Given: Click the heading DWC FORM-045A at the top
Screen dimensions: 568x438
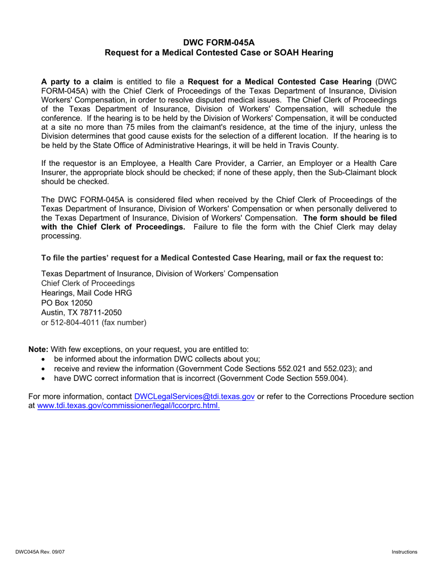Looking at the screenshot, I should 219,42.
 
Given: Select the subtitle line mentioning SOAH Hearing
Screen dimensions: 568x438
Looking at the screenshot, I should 219,53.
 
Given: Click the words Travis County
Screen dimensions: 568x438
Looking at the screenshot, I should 315,145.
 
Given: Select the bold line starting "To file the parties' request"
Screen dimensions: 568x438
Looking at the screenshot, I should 212,258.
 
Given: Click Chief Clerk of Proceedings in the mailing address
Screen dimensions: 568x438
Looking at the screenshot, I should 88,283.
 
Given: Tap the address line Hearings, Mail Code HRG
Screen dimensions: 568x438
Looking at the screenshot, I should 87,293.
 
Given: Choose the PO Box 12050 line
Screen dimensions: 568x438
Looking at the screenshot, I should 67,302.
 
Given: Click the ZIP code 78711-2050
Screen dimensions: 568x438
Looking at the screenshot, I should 100,312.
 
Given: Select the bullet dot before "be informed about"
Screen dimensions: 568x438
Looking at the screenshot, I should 44,359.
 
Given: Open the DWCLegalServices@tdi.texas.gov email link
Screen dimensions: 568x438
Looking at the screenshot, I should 194,397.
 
